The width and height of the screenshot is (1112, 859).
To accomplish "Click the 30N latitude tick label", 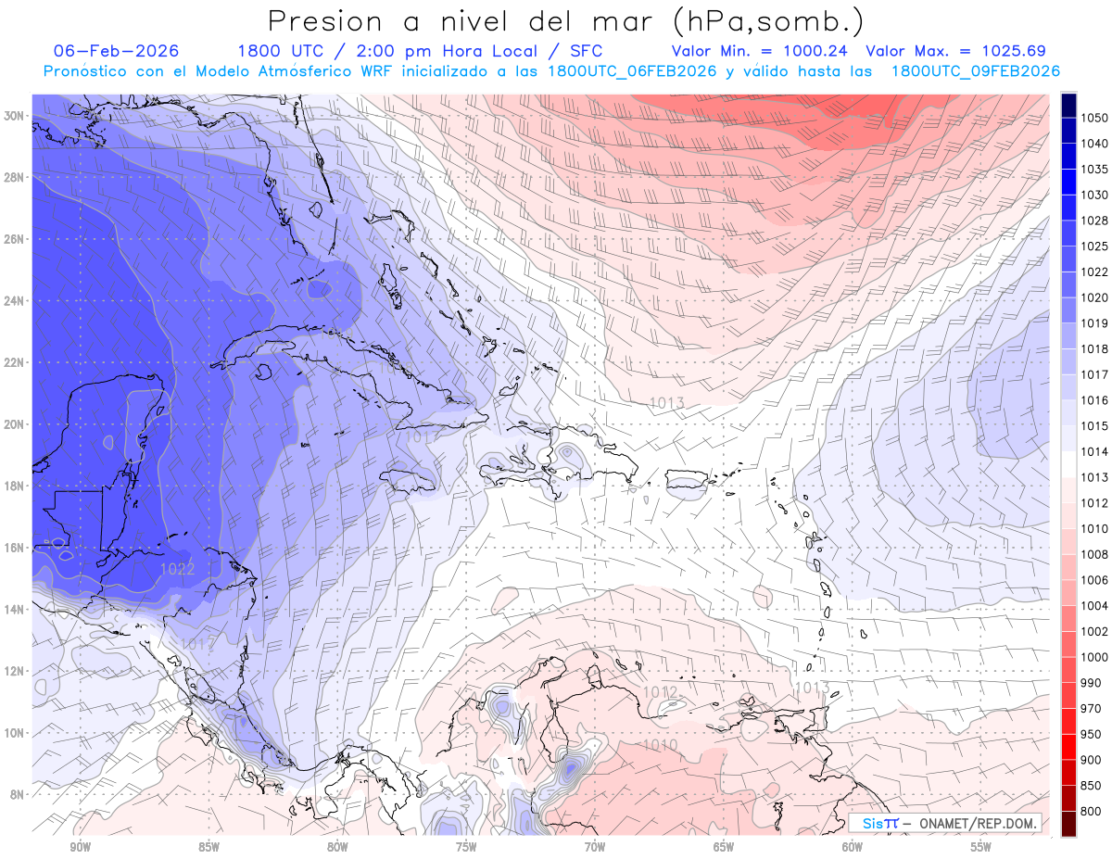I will (14, 116).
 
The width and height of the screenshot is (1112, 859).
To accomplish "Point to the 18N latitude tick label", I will (14, 486).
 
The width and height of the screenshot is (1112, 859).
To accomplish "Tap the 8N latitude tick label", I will (17, 794).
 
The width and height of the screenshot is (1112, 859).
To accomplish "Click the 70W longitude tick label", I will (595, 847).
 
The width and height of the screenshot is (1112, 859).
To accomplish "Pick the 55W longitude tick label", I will (981, 847).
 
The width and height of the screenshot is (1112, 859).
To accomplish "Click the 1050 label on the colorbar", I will (1094, 118).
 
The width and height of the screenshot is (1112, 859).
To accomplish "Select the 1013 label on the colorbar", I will (1094, 477).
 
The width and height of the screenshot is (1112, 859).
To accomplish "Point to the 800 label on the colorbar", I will (1092, 811).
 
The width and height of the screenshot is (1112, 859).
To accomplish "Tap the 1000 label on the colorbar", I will (1094, 657).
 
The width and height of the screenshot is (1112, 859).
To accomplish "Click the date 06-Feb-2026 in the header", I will (116, 51).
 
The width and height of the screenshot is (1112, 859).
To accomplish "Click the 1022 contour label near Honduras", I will (176, 569).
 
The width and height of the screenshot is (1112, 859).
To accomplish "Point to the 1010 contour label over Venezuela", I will (659, 745).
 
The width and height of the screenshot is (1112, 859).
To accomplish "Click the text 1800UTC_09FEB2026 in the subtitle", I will (975, 70).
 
